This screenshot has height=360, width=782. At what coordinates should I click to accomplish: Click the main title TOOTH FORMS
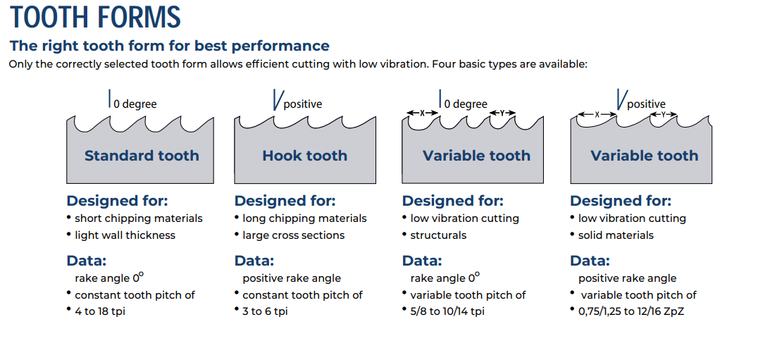95,17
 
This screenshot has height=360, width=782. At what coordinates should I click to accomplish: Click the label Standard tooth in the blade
142,156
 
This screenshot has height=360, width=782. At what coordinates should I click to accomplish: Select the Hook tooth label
305,156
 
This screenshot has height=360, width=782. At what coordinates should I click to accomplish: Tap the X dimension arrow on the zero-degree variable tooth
423,113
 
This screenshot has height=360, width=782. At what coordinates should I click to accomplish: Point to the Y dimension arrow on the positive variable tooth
664,114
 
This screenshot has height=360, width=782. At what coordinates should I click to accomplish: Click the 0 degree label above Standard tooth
135,104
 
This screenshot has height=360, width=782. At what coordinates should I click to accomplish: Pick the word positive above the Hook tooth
303,104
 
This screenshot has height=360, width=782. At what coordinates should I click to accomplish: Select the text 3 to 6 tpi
265,311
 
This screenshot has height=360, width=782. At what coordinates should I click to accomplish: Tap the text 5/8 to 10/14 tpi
447,311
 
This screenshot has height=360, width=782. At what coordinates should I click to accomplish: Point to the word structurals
438,235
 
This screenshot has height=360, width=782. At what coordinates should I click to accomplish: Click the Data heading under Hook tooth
254,261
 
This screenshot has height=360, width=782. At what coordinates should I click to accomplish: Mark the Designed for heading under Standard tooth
117,201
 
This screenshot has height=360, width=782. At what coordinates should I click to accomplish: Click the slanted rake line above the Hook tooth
277,100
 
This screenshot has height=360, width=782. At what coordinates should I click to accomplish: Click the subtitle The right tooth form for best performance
170,46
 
